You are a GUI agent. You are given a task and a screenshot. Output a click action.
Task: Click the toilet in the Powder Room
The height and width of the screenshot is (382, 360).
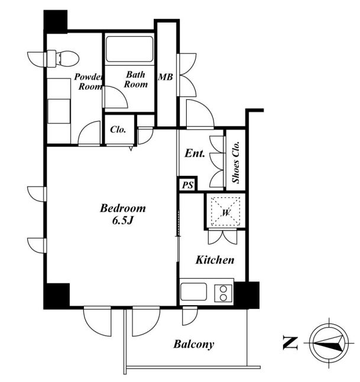pyautogui.click(x=63, y=58)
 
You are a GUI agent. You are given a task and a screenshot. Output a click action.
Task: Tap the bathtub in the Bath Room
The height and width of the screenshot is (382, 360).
pyautogui.click(x=129, y=49)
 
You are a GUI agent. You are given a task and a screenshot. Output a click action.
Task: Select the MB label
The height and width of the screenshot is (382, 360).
pyautogui.click(x=166, y=77)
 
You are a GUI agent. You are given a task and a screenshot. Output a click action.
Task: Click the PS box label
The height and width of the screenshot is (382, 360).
pyautogui.click(x=188, y=185)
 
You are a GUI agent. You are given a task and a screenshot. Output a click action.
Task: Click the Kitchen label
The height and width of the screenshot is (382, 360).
pyautogui.click(x=215, y=260)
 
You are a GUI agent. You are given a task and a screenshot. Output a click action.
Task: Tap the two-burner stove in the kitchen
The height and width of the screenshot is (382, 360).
pyautogui.click(x=223, y=293)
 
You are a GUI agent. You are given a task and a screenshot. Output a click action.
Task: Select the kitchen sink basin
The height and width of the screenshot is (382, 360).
pyautogui.click(x=193, y=292)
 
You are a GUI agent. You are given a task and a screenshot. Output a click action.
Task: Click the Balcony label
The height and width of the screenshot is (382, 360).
pyautogui.click(x=194, y=344)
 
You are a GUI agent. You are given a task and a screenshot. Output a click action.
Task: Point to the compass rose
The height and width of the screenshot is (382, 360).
pyautogui.click(x=329, y=343)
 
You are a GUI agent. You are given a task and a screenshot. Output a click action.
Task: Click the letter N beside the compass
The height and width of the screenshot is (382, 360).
pyautogui.click(x=290, y=343)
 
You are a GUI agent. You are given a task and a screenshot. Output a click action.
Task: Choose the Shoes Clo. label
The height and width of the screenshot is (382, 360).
pyautogui.click(x=236, y=162)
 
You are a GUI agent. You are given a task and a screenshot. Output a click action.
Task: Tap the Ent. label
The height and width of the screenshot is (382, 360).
pyautogui.click(x=194, y=154)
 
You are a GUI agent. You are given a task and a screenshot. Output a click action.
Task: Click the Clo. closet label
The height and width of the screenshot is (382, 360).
pyautogui.click(x=118, y=129)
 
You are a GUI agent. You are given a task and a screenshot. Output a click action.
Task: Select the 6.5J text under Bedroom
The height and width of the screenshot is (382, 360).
pyautogui.click(x=123, y=221)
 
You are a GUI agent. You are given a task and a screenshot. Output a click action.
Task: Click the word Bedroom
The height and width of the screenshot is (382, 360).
pyautogui.click(x=123, y=208)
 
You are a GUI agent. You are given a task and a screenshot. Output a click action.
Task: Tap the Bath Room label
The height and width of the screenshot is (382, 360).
pyautogui.click(x=136, y=80)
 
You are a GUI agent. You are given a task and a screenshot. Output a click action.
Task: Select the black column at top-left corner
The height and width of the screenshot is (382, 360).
pyautogui.click(x=56, y=21)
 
